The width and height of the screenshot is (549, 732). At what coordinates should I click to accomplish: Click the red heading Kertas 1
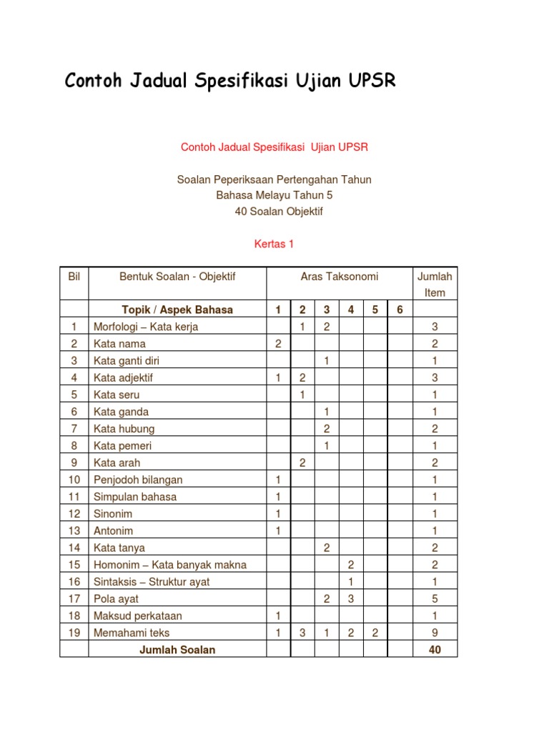[274, 244]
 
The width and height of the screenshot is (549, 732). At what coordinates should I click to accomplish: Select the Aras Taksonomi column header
[340, 277]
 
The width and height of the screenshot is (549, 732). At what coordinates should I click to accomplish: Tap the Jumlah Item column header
[435, 285]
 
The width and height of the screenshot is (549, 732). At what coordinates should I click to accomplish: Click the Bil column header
[74, 277]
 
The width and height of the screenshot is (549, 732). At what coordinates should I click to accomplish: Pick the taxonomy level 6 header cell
[400, 310]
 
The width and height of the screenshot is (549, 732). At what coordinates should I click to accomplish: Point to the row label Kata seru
[117, 395]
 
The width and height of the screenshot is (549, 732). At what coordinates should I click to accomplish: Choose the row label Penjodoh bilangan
[138, 480]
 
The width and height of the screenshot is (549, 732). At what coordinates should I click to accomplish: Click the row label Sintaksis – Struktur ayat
[152, 582]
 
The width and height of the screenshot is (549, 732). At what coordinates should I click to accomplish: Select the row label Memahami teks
[132, 633]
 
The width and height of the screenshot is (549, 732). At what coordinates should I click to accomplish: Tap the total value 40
[435, 650]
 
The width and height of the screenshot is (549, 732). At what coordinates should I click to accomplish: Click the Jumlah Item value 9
[435, 633]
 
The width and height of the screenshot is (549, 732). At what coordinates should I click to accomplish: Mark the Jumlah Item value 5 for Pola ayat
[435, 599]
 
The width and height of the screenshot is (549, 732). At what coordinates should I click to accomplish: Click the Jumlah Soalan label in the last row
[177, 650]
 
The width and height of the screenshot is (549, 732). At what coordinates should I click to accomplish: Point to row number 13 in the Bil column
[74, 530]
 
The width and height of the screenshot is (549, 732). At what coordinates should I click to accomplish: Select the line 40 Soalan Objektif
[274, 211]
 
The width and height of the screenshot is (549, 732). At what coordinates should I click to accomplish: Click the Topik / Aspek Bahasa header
[177, 310]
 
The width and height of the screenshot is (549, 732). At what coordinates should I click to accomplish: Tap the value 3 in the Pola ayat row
[350, 599]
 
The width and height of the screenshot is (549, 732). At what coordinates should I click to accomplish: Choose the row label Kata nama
[119, 344]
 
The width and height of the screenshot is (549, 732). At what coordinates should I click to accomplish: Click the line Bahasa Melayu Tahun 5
[274, 195]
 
